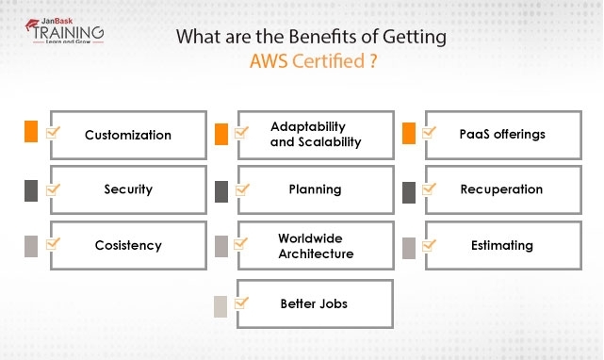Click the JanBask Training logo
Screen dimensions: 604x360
(61, 33)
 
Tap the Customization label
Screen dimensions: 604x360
(128, 135)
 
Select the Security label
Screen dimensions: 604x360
(128, 189)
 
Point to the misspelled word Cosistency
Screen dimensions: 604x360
(128, 245)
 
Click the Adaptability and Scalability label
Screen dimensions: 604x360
(308, 135)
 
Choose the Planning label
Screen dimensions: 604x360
(315, 189)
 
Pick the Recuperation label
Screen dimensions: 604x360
(501, 189)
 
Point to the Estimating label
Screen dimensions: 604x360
(502, 245)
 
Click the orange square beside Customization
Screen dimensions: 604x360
(31, 132)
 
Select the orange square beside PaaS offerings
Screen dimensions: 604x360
(409, 134)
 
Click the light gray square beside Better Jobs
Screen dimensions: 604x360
(220, 305)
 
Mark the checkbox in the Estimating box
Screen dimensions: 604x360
(430, 245)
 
